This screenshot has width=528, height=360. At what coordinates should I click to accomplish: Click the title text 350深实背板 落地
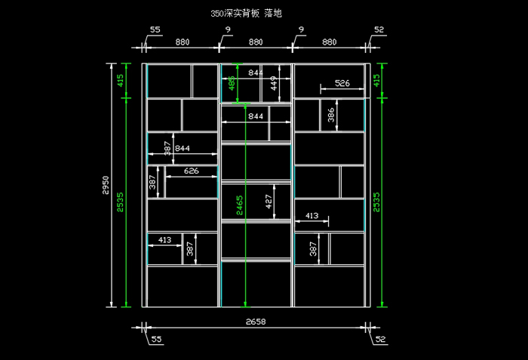(x=246, y=13)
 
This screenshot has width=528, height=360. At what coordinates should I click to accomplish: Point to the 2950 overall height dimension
(x=106, y=185)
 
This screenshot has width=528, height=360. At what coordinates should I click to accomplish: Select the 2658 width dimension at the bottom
(x=256, y=322)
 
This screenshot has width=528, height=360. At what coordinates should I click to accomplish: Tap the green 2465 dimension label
(x=239, y=205)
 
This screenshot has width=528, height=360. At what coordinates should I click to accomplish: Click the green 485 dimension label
(x=232, y=83)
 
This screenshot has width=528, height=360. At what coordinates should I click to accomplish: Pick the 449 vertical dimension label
(x=274, y=83)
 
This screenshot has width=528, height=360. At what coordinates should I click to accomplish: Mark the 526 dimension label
(x=342, y=83)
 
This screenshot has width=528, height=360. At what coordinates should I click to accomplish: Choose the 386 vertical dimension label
(x=331, y=115)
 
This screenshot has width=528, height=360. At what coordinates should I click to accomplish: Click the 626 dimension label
(x=192, y=171)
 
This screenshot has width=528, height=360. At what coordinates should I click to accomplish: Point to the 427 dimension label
(x=269, y=202)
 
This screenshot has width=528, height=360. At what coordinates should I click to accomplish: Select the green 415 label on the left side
(x=120, y=81)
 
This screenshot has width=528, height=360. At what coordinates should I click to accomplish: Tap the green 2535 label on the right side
(x=376, y=202)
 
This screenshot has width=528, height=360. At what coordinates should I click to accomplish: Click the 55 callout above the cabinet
(x=155, y=29)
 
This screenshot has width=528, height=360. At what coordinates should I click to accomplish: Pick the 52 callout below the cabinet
(x=380, y=339)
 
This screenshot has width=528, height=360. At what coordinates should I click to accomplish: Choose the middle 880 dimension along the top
(x=256, y=42)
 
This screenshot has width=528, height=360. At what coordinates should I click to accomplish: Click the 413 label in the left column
(x=164, y=240)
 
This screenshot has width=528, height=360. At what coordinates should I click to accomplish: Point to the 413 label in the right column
(x=312, y=215)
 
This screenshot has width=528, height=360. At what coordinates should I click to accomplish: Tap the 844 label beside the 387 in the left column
(x=183, y=148)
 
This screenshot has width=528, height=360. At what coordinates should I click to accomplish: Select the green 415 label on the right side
(x=376, y=81)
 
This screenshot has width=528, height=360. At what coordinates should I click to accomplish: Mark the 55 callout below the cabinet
(x=156, y=339)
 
